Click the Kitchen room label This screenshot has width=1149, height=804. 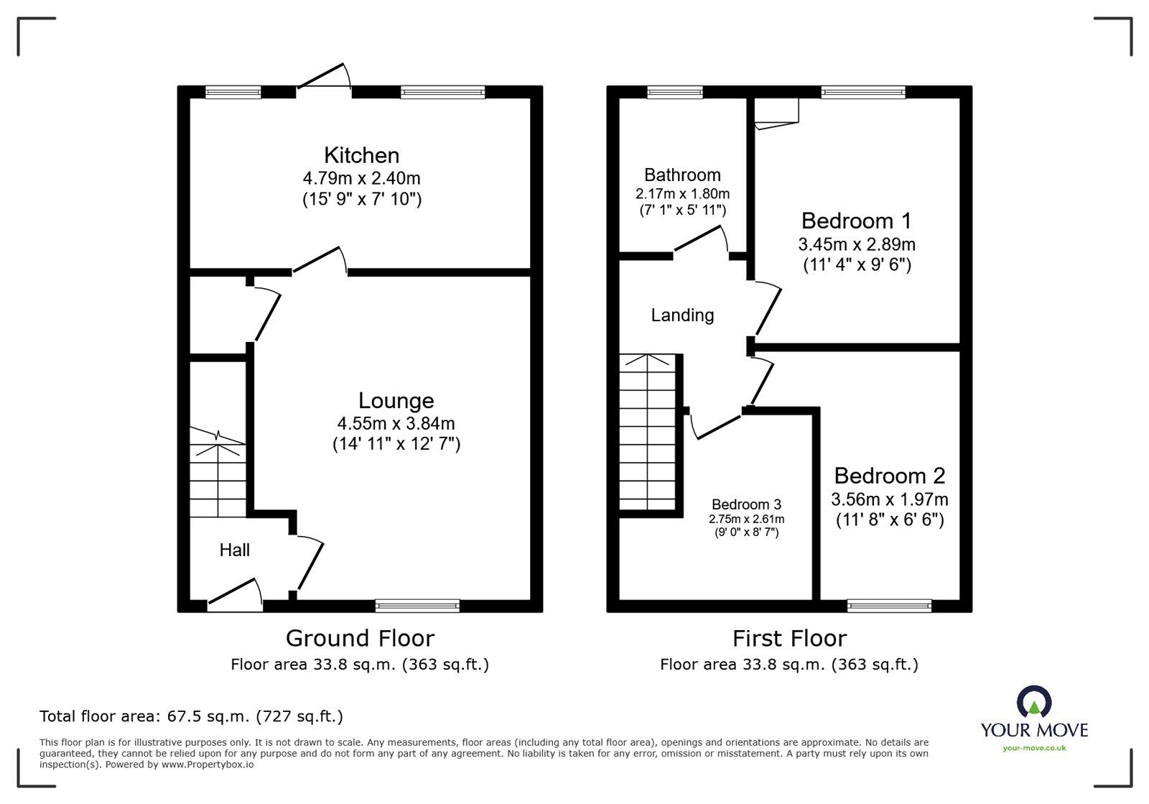(x=361, y=155)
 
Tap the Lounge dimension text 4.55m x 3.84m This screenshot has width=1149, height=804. (x=396, y=424)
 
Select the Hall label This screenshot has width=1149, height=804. (x=235, y=550)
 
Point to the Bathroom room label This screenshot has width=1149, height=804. (x=682, y=175)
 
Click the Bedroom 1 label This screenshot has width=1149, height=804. (x=857, y=221)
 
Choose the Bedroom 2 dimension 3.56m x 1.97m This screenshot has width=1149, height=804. (x=889, y=499)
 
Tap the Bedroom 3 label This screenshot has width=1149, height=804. (x=746, y=505)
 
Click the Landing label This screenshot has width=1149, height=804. (x=682, y=315)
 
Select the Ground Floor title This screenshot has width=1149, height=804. (x=360, y=638)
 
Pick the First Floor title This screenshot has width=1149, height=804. (x=789, y=638)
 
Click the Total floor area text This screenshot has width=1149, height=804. (x=191, y=716)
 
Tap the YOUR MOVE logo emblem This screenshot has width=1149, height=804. (x=1034, y=701)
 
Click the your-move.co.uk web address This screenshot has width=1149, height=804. (x=1034, y=748)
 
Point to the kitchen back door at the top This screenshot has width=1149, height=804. (x=323, y=78)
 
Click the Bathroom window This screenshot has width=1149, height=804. (x=674, y=92)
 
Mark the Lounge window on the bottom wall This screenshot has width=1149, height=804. (x=417, y=606)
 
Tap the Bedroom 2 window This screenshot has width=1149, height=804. (x=889, y=606)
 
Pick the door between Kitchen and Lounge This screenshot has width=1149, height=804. (x=320, y=261)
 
